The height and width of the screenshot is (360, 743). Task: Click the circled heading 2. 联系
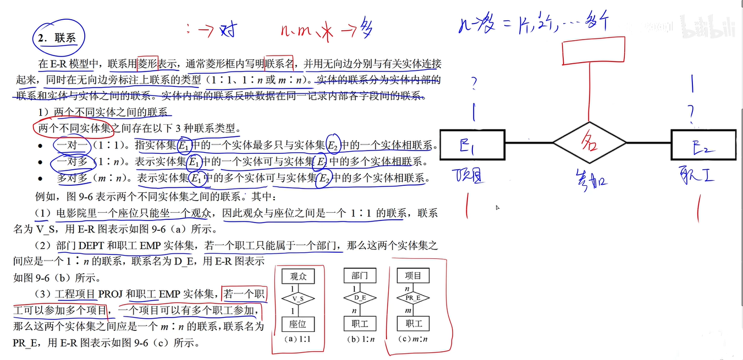click(58, 38)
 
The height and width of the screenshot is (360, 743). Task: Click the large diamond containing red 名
click(589, 143)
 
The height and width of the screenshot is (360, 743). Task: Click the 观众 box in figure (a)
click(298, 276)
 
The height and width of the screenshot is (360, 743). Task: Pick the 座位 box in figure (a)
click(298, 324)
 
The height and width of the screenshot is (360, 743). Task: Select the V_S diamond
click(298, 298)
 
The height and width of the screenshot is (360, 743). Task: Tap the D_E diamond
click(360, 298)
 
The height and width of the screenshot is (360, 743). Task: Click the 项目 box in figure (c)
click(413, 276)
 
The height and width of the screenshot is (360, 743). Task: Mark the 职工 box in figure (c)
click(413, 324)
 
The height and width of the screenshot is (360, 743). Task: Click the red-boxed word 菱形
click(148, 64)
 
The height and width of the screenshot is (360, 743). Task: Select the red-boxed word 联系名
click(280, 64)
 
